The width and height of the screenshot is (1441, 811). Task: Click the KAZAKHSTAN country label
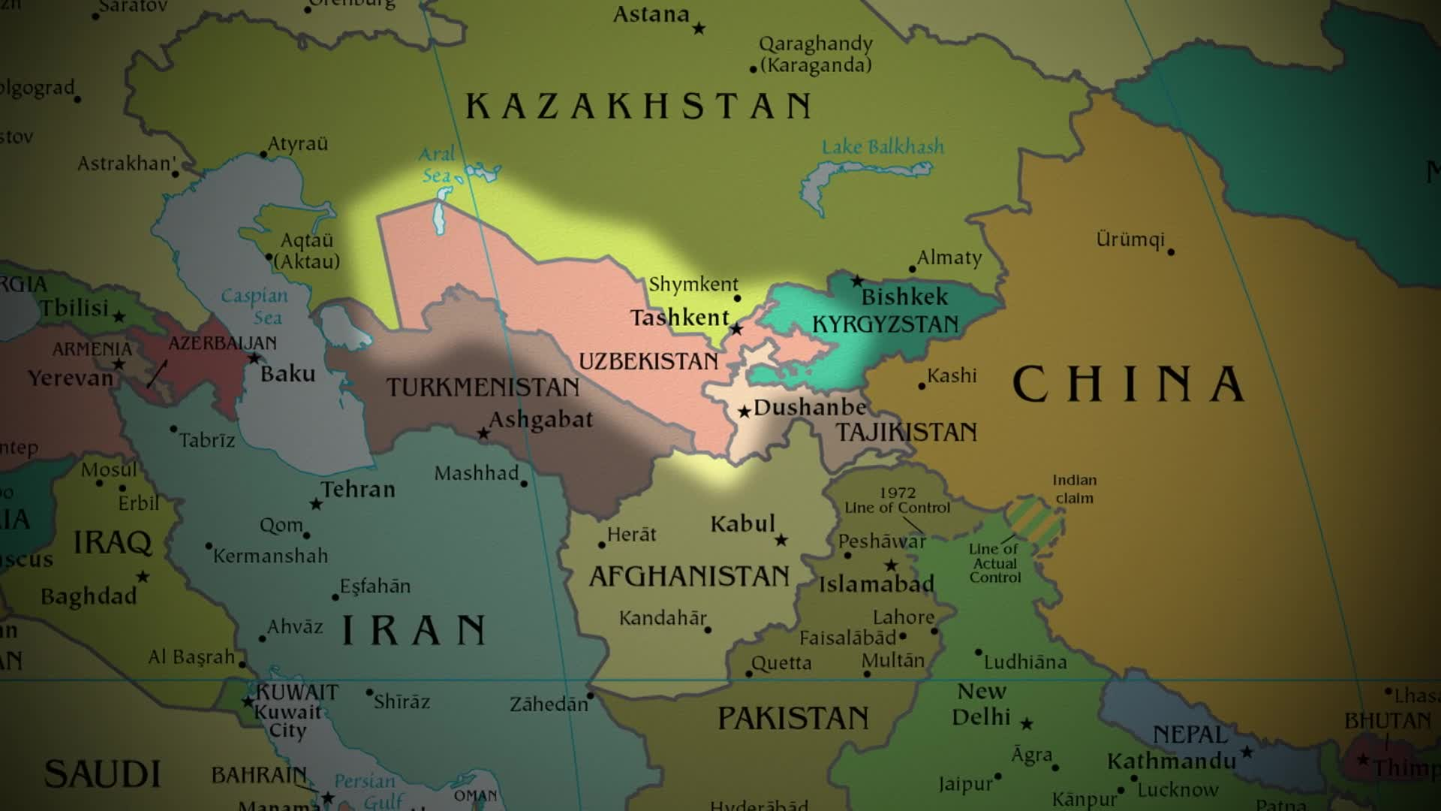point(638,106)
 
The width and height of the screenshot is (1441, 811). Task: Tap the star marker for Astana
point(699,29)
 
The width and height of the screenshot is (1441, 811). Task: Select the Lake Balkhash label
point(883,147)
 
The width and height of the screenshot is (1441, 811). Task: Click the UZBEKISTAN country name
point(648,361)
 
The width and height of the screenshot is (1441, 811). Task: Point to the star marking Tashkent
point(737,329)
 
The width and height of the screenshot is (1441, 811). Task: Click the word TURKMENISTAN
point(483,387)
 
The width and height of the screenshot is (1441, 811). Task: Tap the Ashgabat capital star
point(483,434)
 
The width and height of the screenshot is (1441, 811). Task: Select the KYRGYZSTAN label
point(886,324)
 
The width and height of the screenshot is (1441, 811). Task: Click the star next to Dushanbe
point(744,412)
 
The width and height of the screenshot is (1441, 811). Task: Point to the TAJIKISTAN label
point(907,433)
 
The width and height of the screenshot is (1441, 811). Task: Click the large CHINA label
point(1128,384)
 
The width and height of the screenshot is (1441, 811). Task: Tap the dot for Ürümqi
point(1171,252)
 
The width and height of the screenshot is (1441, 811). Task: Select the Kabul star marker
point(781,540)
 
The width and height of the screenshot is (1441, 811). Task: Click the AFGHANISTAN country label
point(689,577)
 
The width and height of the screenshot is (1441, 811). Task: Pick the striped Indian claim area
point(1034,520)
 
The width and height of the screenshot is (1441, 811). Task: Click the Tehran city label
point(358,490)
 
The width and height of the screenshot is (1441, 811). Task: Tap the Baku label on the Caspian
point(287,374)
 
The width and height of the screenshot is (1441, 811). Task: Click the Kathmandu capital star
point(1247,752)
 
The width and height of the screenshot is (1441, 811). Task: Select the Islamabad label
point(876,584)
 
